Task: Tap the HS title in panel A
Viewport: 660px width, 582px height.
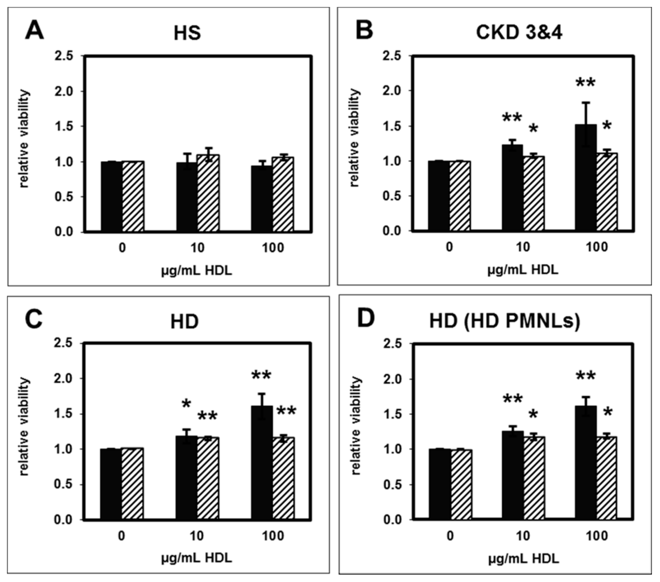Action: tap(187, 33)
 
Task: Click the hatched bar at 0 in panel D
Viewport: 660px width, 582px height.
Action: tap(461, 484)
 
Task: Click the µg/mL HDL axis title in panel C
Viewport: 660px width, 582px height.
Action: tap(197, 558)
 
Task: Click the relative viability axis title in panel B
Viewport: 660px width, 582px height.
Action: tap(354, 138)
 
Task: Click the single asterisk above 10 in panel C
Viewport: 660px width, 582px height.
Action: tap(186, 404)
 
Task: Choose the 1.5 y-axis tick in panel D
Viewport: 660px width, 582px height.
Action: tap(393, 414)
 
